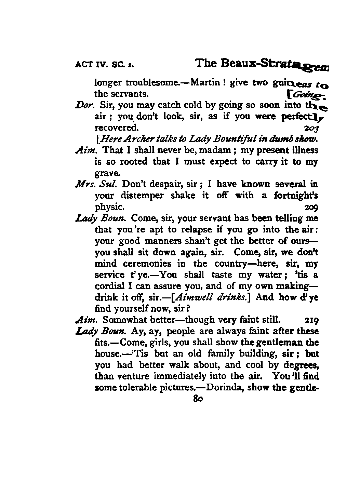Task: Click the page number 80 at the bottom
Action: pos(198,399)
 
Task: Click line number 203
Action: pos(311,128)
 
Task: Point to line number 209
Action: pos(311,207)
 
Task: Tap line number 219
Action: pos(311,320)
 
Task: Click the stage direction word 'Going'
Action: pos(306,94)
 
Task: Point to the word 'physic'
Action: pos(109,207)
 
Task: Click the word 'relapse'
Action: pos(172,229)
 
